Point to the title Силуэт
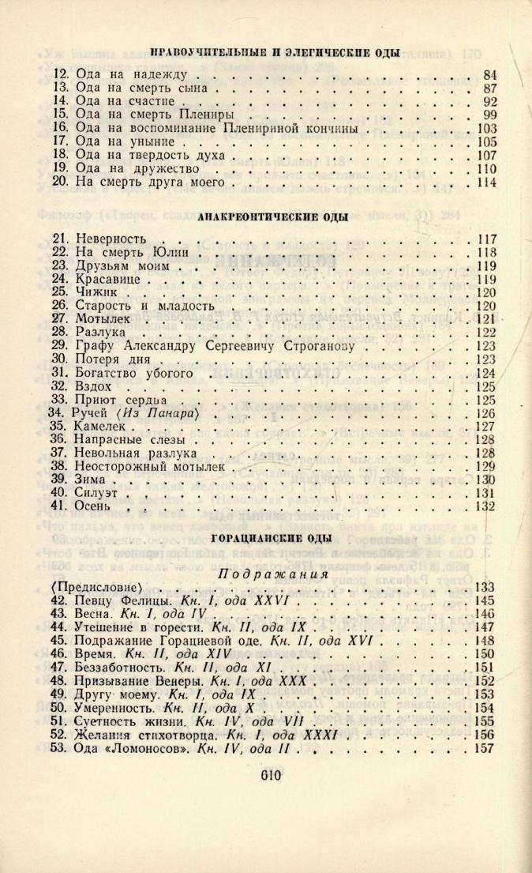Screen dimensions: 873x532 tap(98, 493)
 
